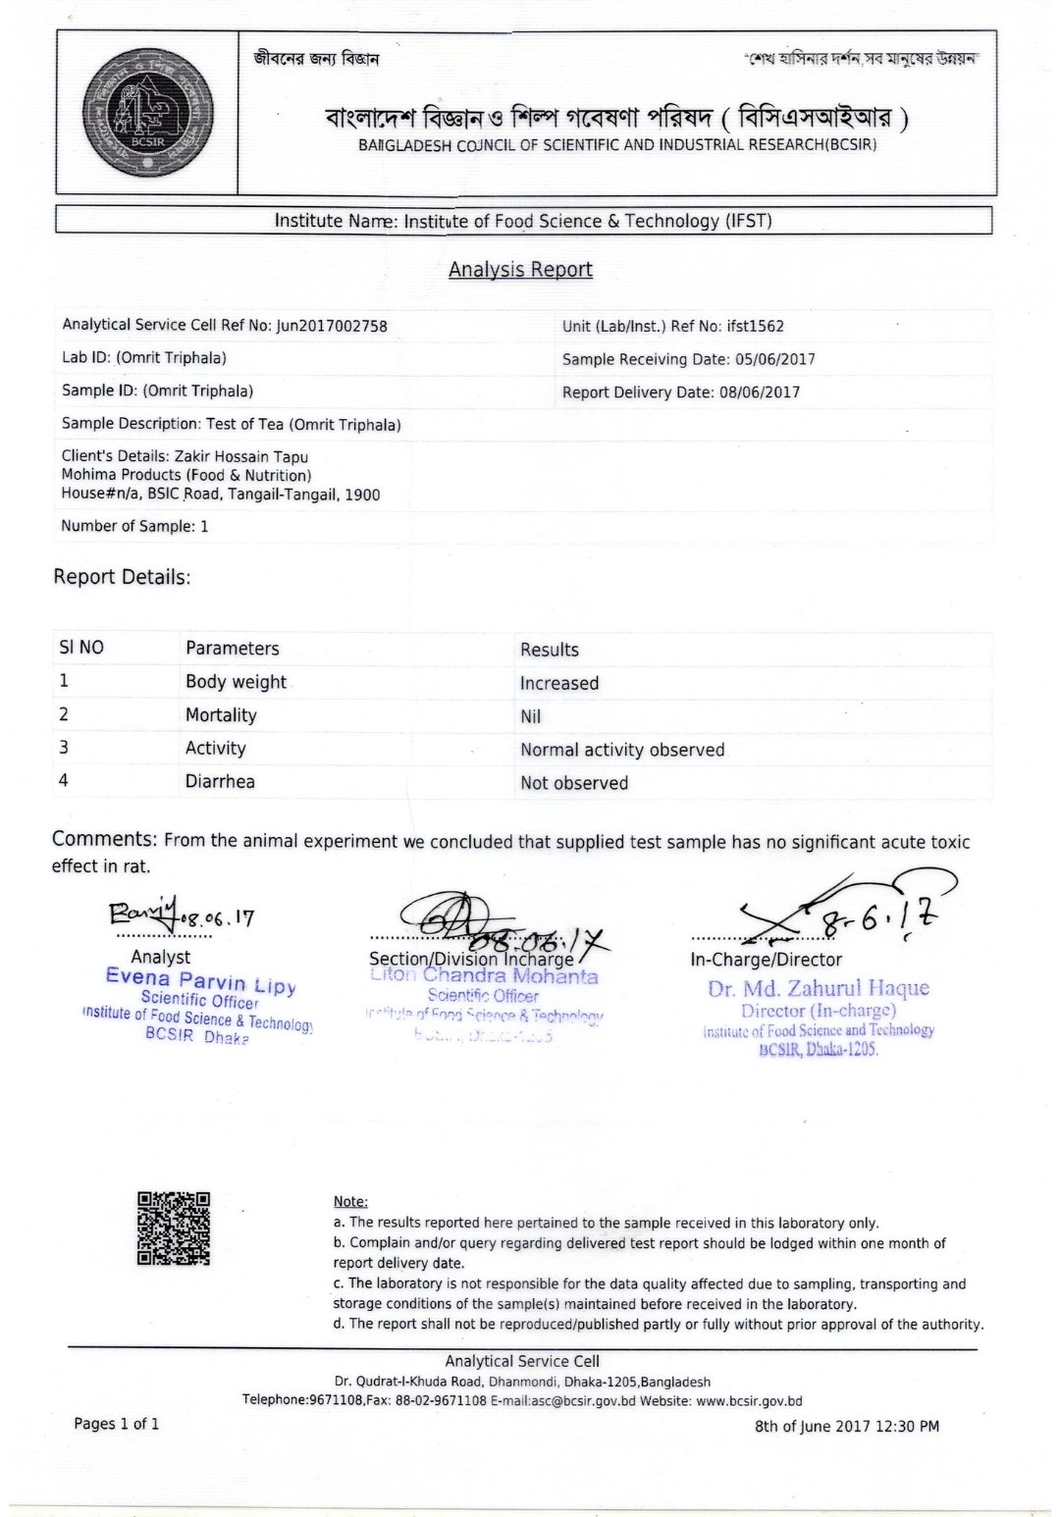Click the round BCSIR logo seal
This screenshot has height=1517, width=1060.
pyautogui.click(x=147, y=112)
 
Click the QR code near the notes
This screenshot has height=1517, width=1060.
pyautogui.click(x=174, y=1228)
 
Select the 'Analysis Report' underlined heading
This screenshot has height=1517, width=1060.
pyautogui.click(x=520, y=270)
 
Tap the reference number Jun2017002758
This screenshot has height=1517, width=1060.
pyautogui.click(x=332, y=326)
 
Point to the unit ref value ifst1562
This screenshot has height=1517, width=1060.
pyautogui.click(x=755, y=327)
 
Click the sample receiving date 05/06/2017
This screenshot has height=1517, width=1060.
pyautogui.click(x=774, y=359)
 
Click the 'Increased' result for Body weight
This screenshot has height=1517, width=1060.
pyautogui.click(x=559, y=684)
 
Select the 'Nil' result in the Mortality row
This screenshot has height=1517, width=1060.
pyautogui.click(x=531, y=717)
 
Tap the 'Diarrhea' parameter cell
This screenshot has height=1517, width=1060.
pyautogui.click(x=220, y=782)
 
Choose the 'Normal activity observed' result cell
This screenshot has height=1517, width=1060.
pyautogui.click(x=622, y=751)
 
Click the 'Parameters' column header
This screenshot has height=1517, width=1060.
pyautogui.click(x=232, y=649)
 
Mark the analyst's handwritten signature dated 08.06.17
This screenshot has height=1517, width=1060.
pyautogui.click(x=182, y=916)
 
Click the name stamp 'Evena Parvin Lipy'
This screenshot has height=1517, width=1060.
pyautogui.click(x=200, y=979)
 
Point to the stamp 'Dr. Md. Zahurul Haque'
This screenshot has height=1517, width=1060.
pyautogui.click(x=818, y=988)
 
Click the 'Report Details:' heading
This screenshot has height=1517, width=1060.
pyautogui.click(x=122, y=577)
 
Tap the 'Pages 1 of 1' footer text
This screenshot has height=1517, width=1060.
pyautogui.click(x=116, y=1424)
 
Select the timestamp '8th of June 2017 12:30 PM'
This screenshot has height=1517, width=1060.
pyautogui.click(x=846, y=1427)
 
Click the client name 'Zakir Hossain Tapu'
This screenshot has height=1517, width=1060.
pyautogui.click(x=241, y=457)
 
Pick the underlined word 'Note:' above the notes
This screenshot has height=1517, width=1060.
pyautogui.click(x=350, y=1202)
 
